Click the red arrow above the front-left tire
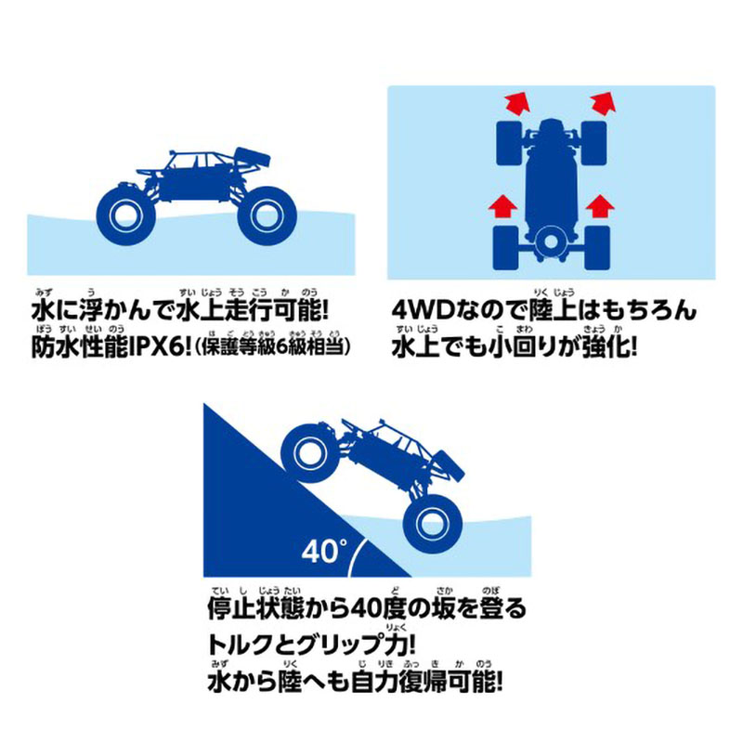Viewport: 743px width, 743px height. [x=516, y=103]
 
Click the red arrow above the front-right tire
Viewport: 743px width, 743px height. [x=603, y=103]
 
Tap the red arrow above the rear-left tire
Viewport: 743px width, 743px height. [x=502, y=205]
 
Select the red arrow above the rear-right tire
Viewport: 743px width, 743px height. [x=600, y=205]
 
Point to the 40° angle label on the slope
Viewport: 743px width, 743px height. [x=324, y=551]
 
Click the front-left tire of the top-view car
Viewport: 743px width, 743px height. [x=509, y=143]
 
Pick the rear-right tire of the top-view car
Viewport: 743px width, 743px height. [x=597, y=248]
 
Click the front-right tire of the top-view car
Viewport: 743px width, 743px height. [x=593, y=143]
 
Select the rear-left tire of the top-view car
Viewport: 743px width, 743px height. [x=506, y=248]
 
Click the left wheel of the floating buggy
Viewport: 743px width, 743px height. [x=125, y=216]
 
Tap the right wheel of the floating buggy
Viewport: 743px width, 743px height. [x=267, y=216]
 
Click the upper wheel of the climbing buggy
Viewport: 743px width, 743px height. [x=310, y=453]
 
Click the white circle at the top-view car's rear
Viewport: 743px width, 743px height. [x=550, y=241]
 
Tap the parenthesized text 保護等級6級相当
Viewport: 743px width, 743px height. [x=272, y=347]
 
